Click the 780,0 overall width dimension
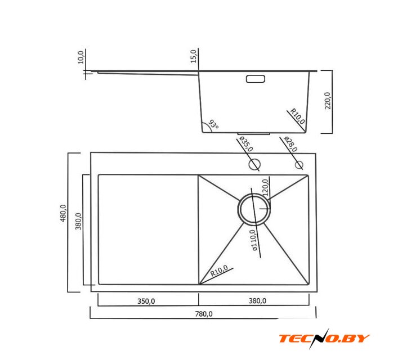coord(204,314)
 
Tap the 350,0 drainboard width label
coord(146,301)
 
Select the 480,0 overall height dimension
coord(63,213)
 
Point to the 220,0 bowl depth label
coord(328,101)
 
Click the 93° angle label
coord(213,124)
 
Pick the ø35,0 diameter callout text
coord(246,144)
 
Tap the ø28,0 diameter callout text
coord(290,144)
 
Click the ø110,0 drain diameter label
coord(254,240)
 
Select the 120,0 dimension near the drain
coord(265,187)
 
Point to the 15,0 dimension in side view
coord(194,56)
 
